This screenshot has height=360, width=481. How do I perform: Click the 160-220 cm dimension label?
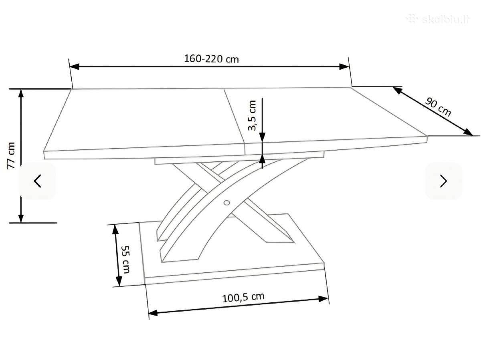point(211,59)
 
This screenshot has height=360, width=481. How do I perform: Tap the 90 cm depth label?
point(438,107)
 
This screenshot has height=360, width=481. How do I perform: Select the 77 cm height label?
point(11,155)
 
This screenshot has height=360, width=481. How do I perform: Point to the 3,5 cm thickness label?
point(252,115)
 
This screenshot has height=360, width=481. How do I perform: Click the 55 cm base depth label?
point(125,259)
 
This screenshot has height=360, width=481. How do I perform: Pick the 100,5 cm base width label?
point(243,298)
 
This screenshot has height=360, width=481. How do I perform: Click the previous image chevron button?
point(38,181)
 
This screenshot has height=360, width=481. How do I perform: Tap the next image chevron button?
point(443,181)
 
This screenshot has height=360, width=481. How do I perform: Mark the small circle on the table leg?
point(226,203)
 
